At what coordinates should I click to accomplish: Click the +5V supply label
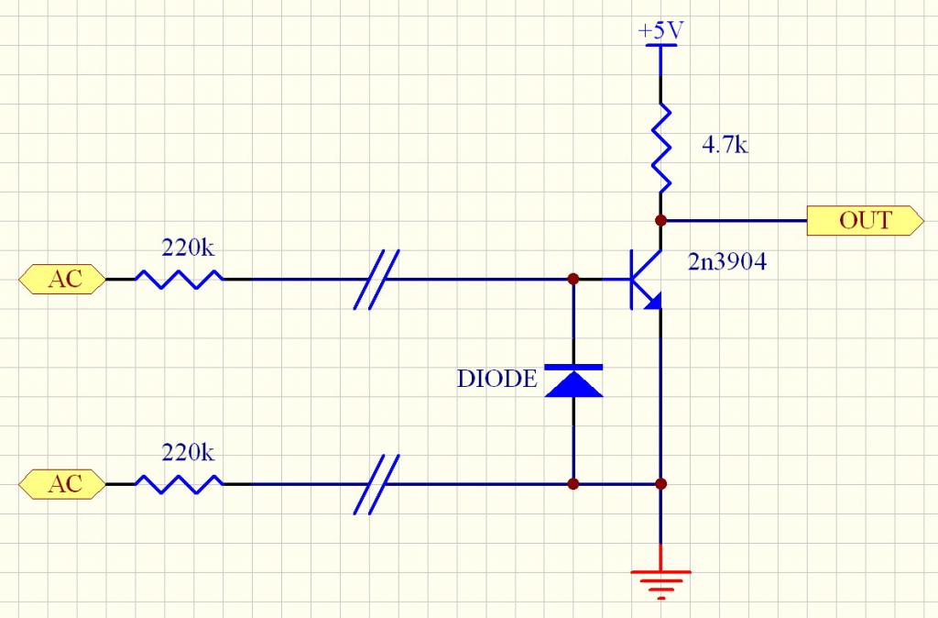660,31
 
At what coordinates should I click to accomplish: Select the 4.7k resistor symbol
660,147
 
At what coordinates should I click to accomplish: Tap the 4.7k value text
725,145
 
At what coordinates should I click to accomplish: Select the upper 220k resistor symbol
180,279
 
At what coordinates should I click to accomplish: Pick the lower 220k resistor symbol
180,483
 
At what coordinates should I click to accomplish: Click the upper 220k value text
188,248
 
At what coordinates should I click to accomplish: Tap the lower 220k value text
188,453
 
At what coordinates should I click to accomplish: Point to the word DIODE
497,379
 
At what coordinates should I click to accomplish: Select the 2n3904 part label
727,262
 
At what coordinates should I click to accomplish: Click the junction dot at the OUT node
660,220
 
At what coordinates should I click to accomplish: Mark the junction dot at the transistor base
573,279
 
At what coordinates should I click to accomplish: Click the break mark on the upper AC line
376,279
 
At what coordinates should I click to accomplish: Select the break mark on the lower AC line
376,483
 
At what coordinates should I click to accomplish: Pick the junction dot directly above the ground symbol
660,483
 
